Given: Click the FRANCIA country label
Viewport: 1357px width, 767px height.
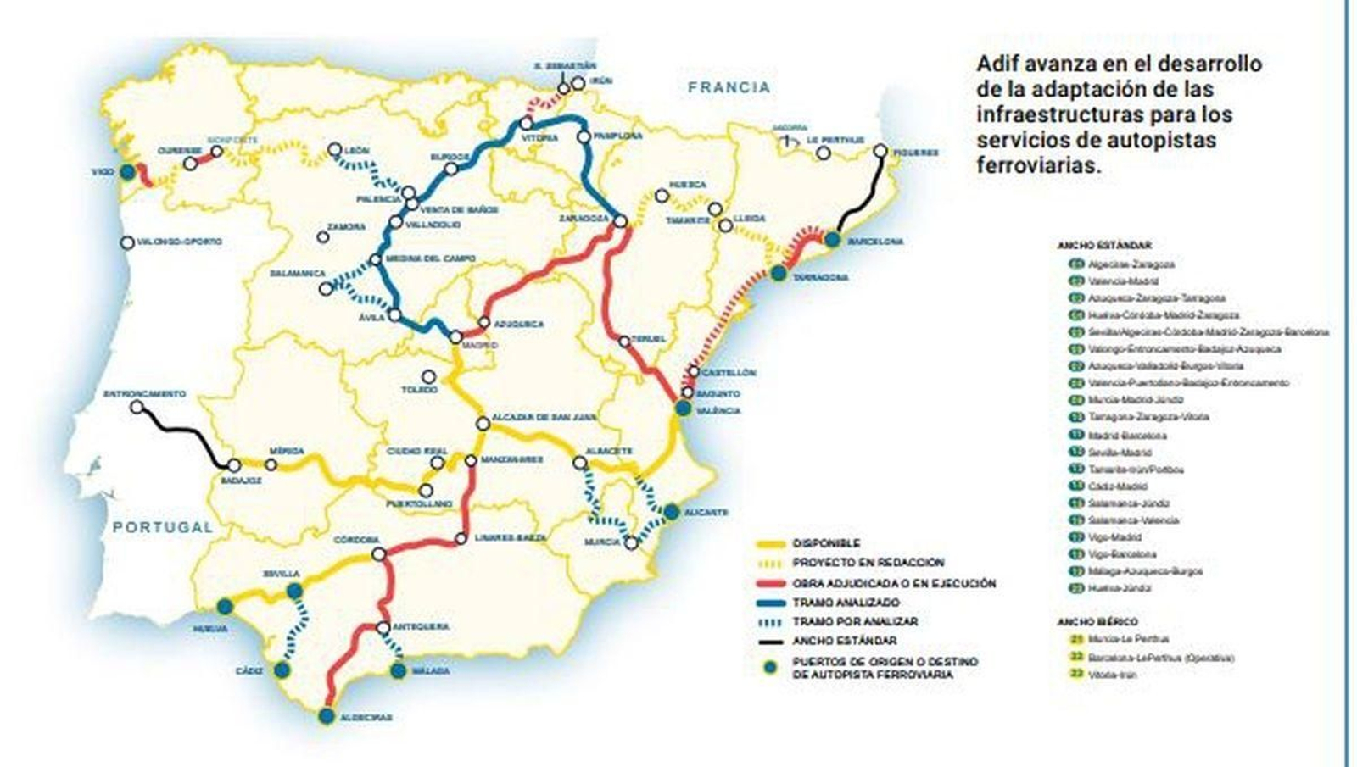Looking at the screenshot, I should (729, 87).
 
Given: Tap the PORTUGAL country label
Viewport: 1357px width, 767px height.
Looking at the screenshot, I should (163, 527).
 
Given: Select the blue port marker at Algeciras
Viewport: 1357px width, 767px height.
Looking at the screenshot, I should (327, 716).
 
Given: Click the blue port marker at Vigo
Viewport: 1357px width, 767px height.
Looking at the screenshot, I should (127, 172).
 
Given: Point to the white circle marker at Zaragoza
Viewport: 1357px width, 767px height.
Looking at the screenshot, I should (620, 220).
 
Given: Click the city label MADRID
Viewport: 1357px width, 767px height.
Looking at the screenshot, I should (479, 346).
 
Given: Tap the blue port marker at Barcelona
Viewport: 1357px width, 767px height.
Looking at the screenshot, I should (832, 240).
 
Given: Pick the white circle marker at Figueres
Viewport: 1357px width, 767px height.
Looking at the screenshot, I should (880, 151).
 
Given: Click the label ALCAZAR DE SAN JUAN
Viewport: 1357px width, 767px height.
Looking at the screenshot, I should (543, 418).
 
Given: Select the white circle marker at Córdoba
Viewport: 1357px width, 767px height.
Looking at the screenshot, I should (379, 554).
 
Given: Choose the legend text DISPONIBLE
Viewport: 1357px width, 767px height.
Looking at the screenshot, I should (826, 543).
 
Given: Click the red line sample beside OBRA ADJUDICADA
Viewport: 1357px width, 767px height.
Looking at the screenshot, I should (769, 584).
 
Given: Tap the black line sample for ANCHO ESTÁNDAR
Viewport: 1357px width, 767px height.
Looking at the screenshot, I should (769, 642).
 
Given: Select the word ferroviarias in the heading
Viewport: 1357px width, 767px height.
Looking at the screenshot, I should (1038, 165).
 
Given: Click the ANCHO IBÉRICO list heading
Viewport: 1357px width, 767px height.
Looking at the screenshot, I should (1097, 622).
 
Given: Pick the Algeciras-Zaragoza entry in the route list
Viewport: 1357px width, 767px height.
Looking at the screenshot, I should (1131, 264).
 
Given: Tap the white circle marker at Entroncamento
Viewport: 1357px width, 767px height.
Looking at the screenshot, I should (137, 408).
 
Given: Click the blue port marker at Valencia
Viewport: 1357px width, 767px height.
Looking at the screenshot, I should (683, 408).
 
